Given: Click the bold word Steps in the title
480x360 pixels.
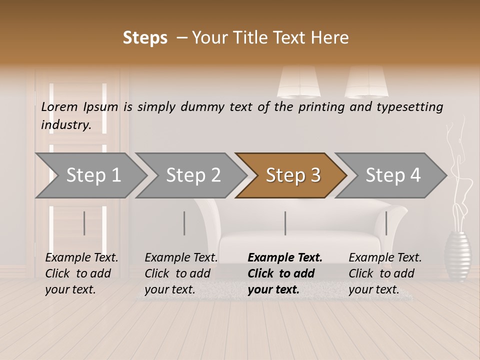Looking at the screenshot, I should coord(145,38).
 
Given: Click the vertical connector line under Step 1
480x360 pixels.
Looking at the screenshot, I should coord(84,223).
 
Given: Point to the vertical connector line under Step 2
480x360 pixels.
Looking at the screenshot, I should coord(184,223).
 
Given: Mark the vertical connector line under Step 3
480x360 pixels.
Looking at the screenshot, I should coord(285,223).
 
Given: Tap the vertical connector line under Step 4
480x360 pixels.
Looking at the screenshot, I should coord(386,223).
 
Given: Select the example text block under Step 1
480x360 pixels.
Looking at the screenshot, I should coord(81,273).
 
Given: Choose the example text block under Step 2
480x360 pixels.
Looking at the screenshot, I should coord(180,273).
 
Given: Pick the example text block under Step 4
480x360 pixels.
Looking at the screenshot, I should coord(384,273).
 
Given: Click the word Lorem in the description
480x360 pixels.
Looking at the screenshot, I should coord(59,106).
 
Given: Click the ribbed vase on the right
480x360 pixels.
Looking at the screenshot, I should coord(457,255).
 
